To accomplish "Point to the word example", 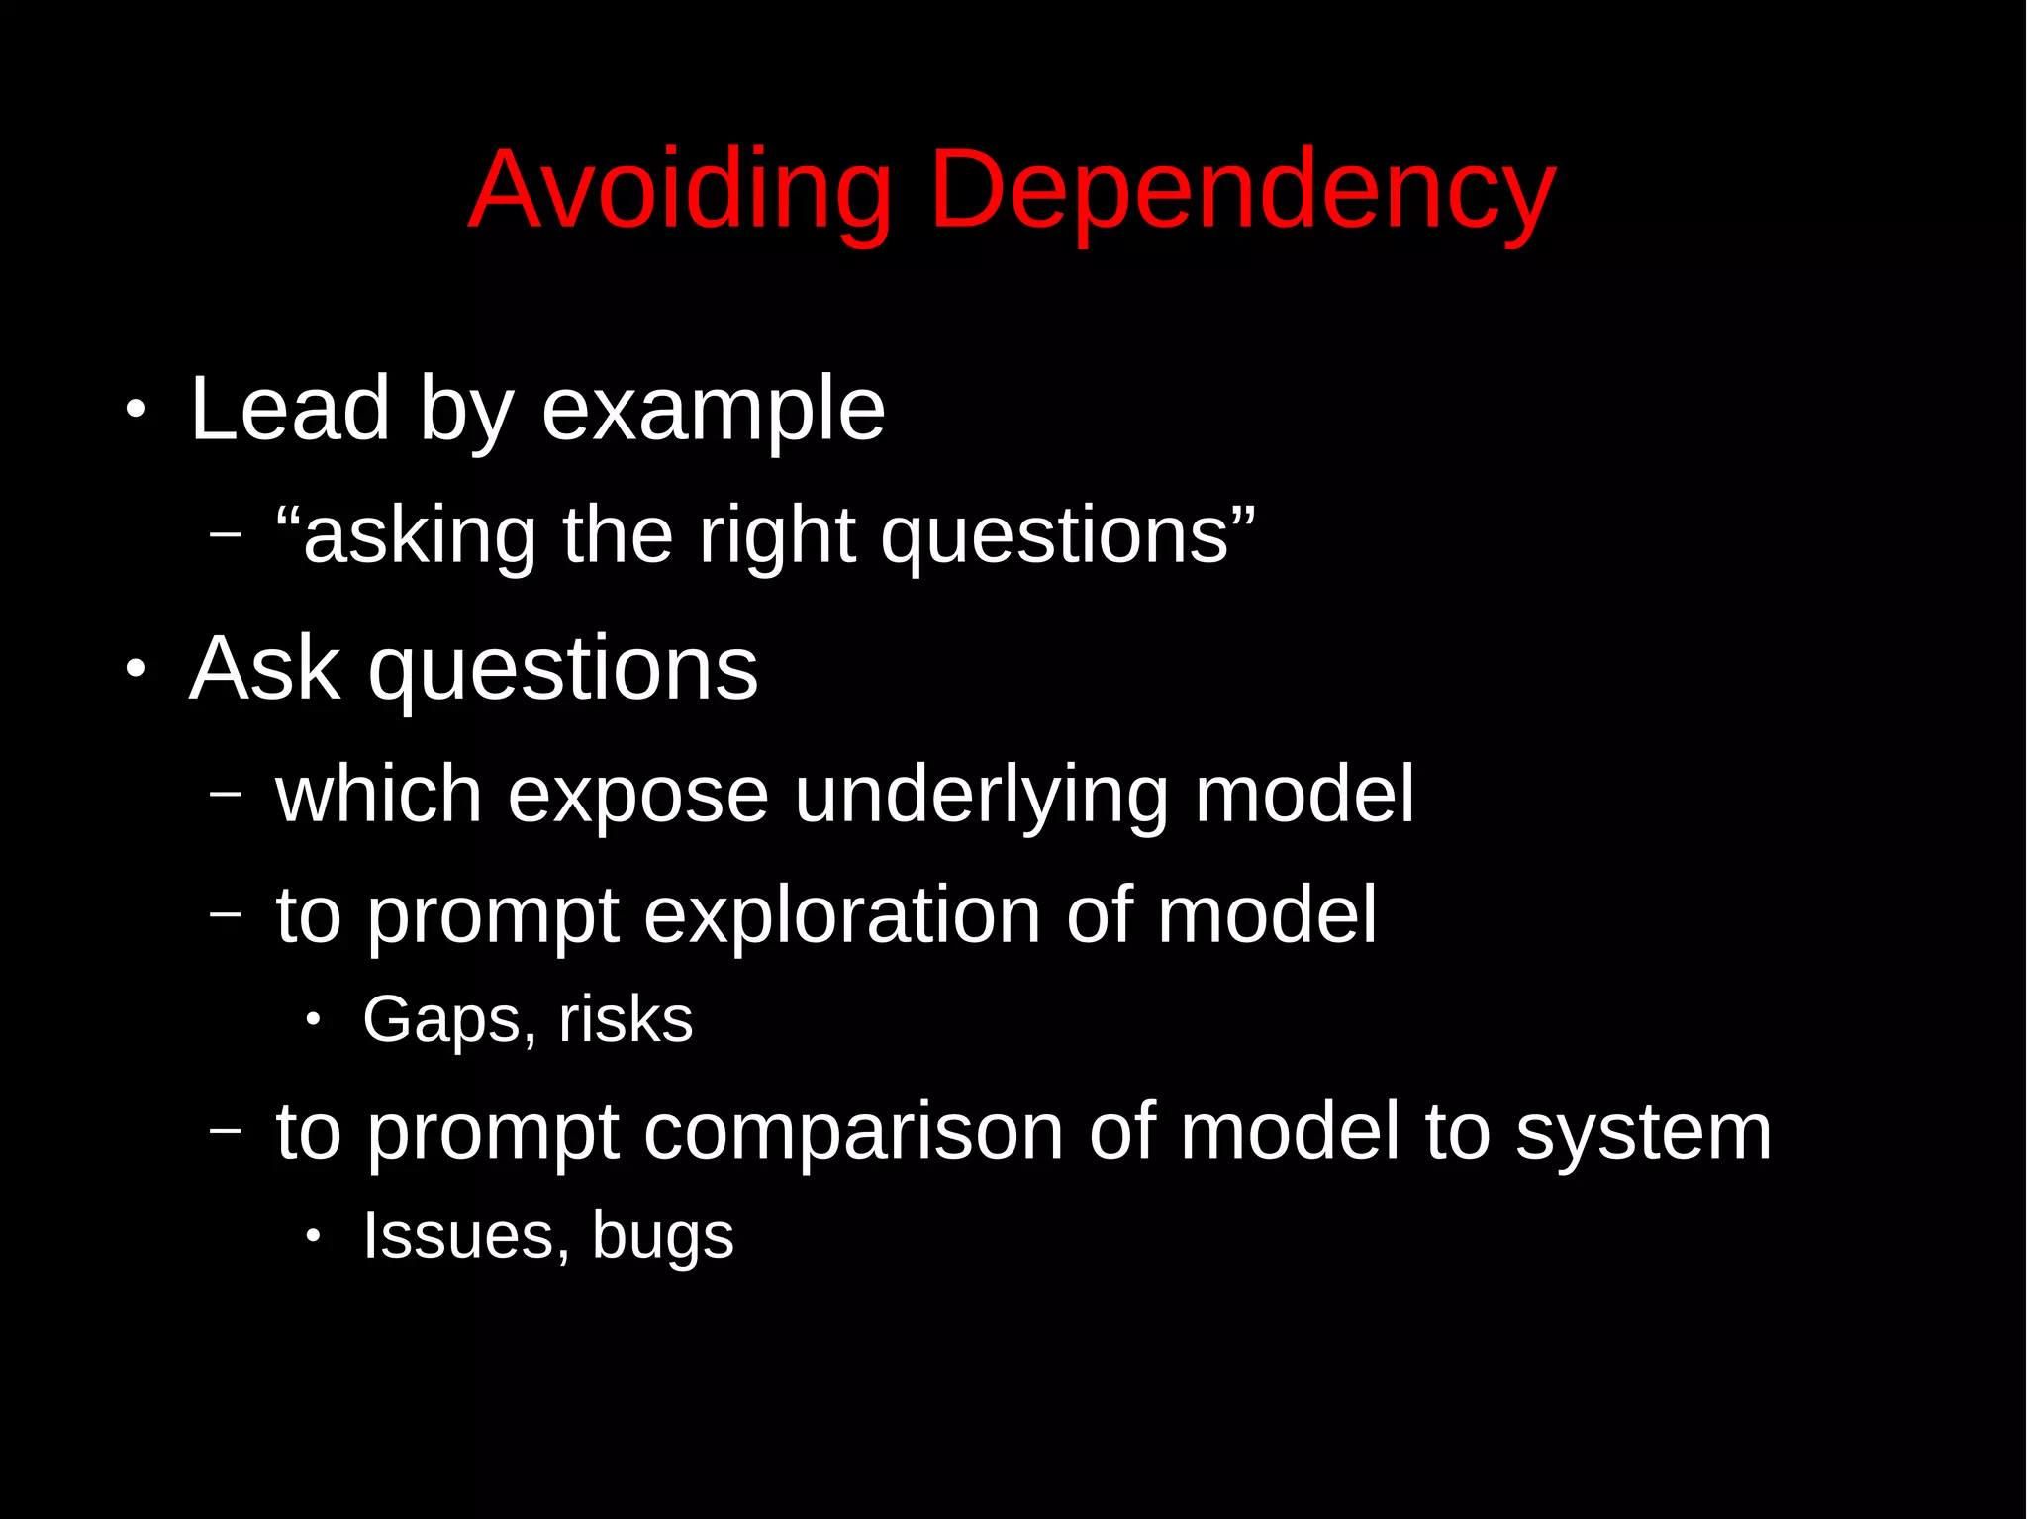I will (x=713, y=412).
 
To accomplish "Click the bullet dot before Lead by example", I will (x=136, y=410).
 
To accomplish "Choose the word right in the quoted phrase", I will (x=776, y=537).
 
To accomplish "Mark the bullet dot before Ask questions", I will (x=136, y=670).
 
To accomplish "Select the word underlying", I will (x=981, y=796).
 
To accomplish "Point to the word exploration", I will (x=841, y=916).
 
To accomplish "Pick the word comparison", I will (x=853, y=1133).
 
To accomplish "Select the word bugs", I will (x=662, y=1237).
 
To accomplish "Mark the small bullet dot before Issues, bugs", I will (x=314, y=1236).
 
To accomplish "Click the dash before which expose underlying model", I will (x=226, y=793).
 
